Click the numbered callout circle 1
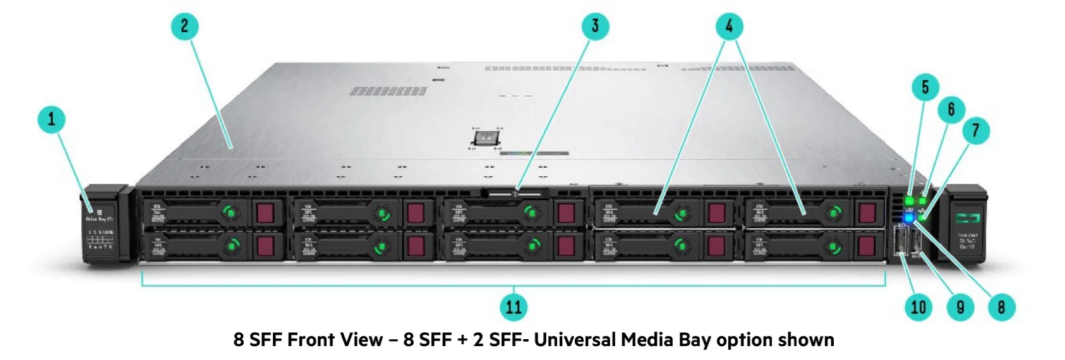coord(52,119)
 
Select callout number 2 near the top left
coord(184,26)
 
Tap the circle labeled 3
coord(594,26)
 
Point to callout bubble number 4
coord(729,26)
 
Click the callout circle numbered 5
coord(925,87)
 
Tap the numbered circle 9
coord(960,307)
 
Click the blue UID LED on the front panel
coord(909,219)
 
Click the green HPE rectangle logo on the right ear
coord(966,219)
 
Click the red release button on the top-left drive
coord(266,212)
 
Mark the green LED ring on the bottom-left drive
coord(232,246)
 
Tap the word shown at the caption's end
coord(805,340)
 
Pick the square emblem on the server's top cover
coord(486,138)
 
